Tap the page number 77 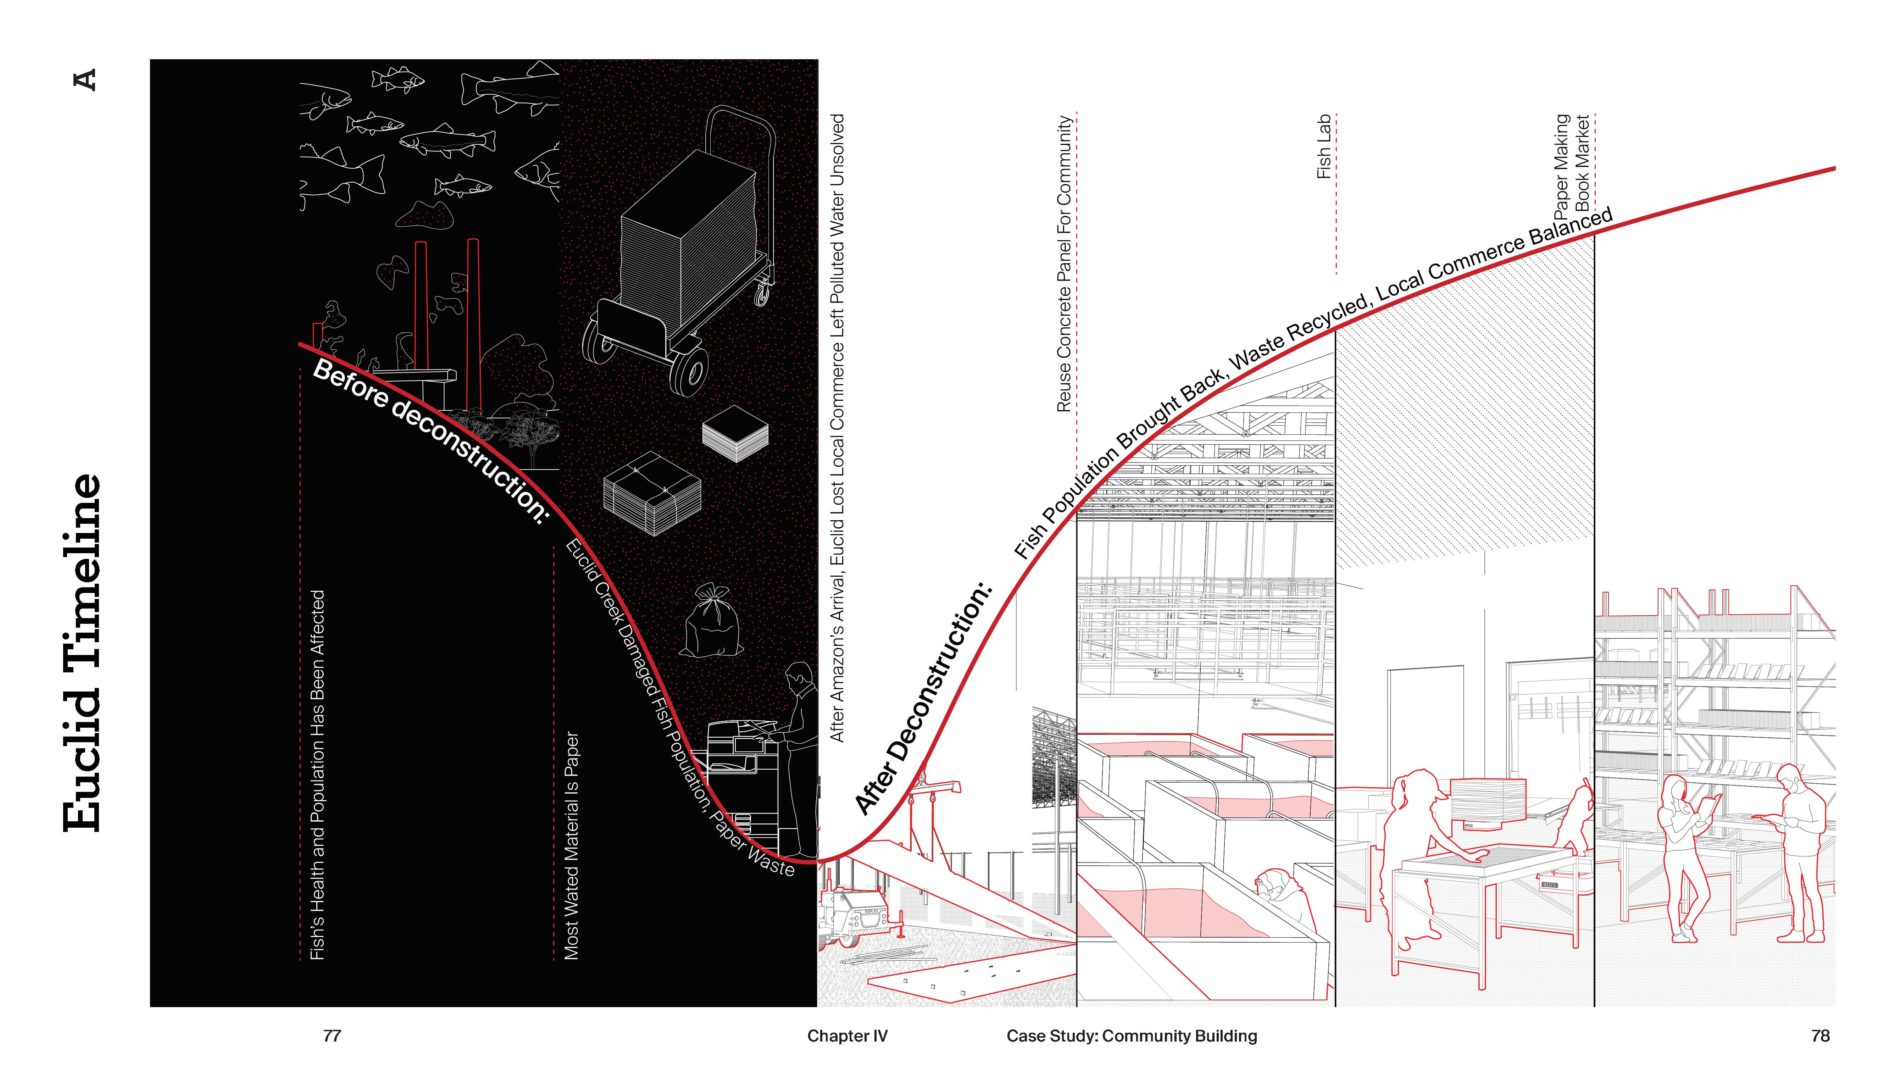click(332, 1036)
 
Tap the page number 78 click(1820, 1036)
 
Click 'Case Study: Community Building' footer click(1132, 1036)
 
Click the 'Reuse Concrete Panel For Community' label click(1064, 263)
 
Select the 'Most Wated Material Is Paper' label click(572, 846)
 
